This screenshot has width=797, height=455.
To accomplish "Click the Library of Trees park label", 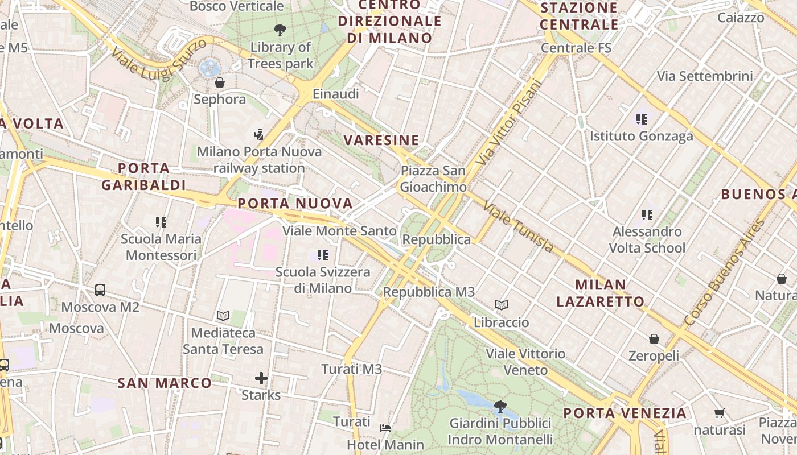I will pyautogui.click(x=280, y=55).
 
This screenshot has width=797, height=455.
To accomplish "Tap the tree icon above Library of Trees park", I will pyautogui.click(x=280, y=30).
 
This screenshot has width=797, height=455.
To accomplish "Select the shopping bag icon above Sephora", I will pyautogui.click(x=220, y=82).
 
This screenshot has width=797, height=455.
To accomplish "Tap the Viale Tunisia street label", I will pyautogui.click(x=518, y=227).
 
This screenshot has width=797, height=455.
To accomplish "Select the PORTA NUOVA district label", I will pyautogui.click(x=295, y=204).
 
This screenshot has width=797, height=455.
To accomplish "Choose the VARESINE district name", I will pyautogui.click(x=381, y=140).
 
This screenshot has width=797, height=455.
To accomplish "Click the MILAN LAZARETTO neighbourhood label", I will pyautogui.click(x=600, y=293).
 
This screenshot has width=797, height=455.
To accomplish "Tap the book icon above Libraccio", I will pyautogui.click(x=501, y=305).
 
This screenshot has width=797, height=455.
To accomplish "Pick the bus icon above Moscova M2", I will pyautogui.click(x=100, y=289).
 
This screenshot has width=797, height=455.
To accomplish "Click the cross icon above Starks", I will pyautogui.click(x=261, y=378).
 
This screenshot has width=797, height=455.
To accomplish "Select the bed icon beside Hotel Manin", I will pyautogui.click(x=385, y=428).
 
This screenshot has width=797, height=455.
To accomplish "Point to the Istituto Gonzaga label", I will pyautogui.click(x=641, y=136).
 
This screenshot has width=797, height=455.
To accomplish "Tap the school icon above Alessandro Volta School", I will pyautogui.click(x=647, y=215).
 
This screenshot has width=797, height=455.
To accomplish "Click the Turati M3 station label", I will pyautogui.click(x=351, y=369).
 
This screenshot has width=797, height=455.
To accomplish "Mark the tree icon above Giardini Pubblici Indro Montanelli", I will pyautogui.click(x=500, y=406).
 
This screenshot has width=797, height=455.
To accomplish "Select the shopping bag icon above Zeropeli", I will pyautogui.click(x=654, y=339).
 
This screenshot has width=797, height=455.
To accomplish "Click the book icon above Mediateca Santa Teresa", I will pyautogui.click(x=223, y=316).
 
